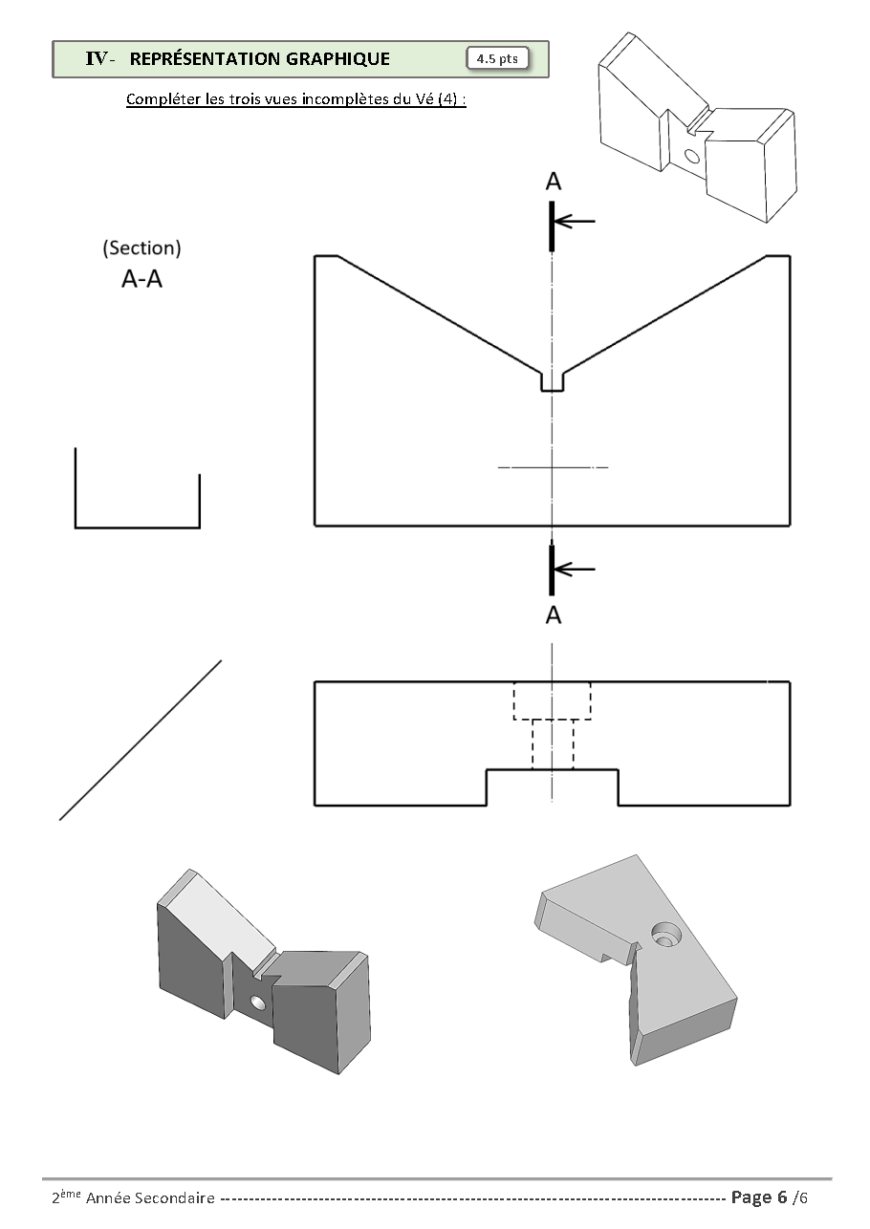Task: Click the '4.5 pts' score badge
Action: click(x=497, y=59)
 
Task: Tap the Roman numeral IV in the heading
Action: click(x=96, y=59)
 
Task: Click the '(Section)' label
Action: click(x=141, y=248)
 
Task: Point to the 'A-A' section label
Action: click(x=141, y=281)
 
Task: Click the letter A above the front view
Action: click(x=553, y=182)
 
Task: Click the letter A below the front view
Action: click(x=553, y=616)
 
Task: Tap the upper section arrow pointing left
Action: click(x=575, y=222)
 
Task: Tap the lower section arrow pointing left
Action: click(x=575, y=570)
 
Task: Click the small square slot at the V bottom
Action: click(x=552, y=380)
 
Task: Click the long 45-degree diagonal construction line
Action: click(x=141, y=740)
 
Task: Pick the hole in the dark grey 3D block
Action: click(x=257, y=1003)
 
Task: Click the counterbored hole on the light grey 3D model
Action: click(x=663, y=934)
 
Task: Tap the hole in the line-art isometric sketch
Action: click(x=692, y=155)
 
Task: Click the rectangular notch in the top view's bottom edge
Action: click(x=552, y=787)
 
